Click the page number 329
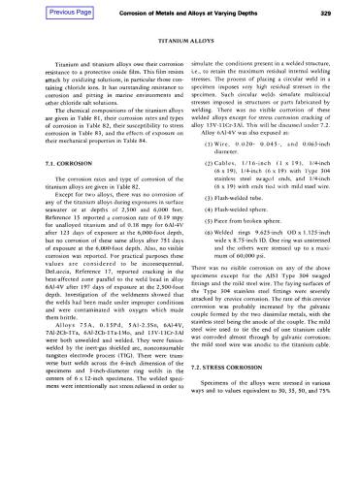329,12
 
